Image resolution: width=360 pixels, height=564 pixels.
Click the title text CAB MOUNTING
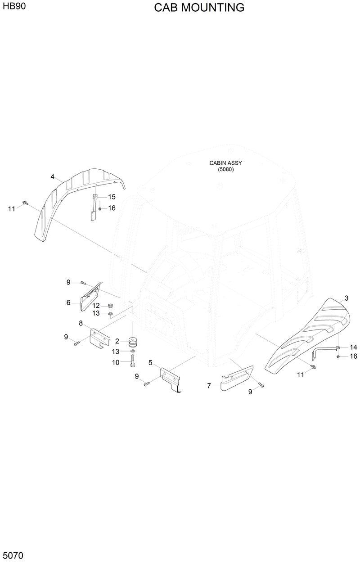click(x=199, y=8)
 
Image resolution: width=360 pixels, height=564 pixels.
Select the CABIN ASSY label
click(x=226, y=163)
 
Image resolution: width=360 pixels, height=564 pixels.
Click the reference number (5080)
click(x=226, y=170)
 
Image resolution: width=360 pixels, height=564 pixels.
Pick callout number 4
click(x=52, y=177)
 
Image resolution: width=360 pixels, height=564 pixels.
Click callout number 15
click(x=112, y=197)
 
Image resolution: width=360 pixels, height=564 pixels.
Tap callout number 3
click(x=346, y=298)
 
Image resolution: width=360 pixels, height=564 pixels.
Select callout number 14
click(x=353, y=347)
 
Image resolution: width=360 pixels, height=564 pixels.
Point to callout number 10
click(x=116, y=362)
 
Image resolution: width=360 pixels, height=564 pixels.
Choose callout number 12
click(x=96, y=306)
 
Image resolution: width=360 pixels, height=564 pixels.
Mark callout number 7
click(x=209, y=386)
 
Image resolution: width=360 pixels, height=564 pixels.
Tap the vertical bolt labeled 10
click(x=133, y=361)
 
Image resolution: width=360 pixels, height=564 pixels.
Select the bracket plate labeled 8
click(x=101, y=337)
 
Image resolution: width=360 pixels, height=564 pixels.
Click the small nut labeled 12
click(x=110, y=306)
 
